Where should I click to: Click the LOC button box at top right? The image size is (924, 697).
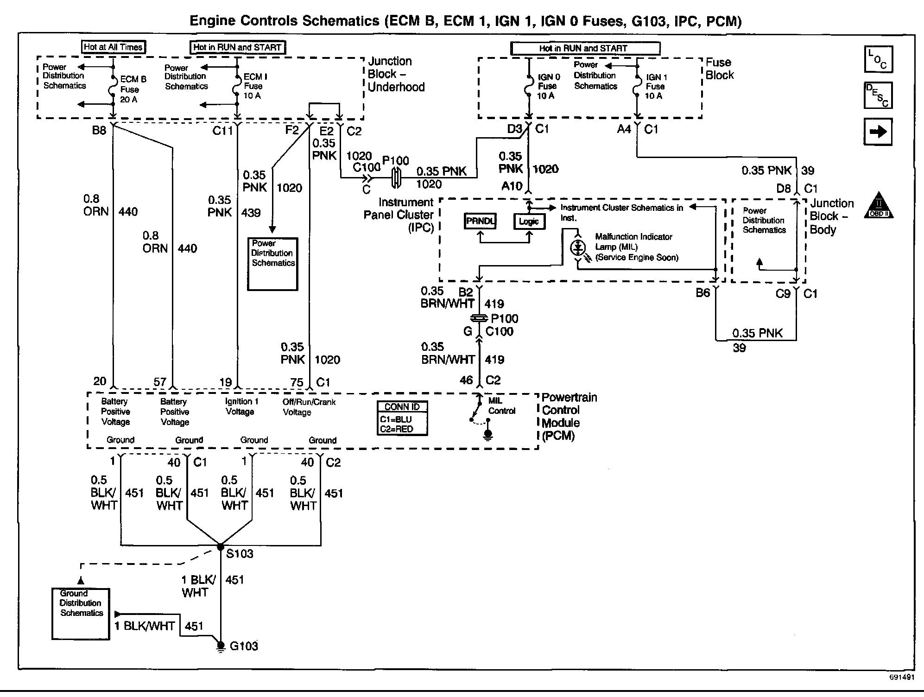878,59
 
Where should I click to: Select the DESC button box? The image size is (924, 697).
878,95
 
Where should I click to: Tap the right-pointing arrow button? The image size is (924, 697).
878,132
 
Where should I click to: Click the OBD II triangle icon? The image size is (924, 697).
879,206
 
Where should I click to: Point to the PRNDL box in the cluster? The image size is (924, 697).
481,222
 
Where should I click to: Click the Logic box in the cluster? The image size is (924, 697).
529,222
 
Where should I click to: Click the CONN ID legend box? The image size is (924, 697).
402,418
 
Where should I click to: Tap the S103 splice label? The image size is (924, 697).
240,553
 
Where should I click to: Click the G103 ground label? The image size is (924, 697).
243,646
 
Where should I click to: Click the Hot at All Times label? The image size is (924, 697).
113,47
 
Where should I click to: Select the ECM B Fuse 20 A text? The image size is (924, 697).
132,89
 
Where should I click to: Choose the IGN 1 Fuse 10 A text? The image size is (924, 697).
655,86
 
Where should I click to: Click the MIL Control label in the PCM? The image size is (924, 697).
501,406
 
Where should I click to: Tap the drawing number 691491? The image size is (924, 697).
901,677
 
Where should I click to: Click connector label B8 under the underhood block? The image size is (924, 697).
99,131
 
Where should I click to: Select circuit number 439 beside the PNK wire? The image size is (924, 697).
251,213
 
